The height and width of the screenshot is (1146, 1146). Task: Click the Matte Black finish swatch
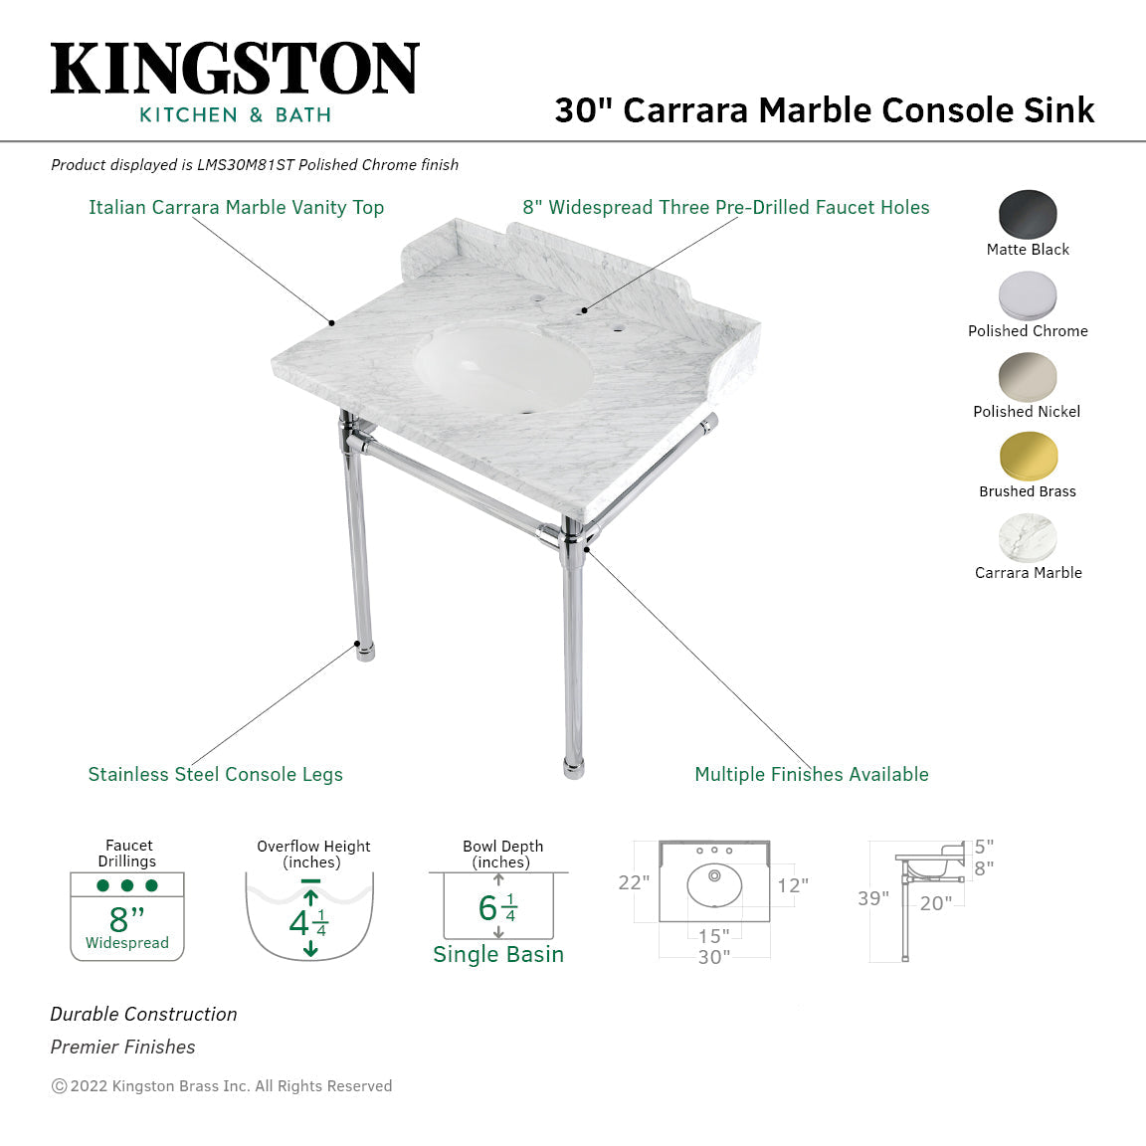1028,213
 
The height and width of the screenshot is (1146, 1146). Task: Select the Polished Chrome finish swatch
1028,295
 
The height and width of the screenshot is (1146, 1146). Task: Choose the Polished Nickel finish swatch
1028,376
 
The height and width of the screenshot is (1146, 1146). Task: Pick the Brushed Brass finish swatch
1028,457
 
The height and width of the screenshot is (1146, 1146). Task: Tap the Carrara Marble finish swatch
1028,537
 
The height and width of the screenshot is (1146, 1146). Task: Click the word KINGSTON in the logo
235,70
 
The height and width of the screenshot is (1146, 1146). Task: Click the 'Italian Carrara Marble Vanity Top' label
236,207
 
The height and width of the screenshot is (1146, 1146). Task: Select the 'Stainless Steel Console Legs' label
215,774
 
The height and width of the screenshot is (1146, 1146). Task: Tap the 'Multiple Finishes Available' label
811,774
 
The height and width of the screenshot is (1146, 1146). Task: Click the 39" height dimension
872,898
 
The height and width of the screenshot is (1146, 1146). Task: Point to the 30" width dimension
713,957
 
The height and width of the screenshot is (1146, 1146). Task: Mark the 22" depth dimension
634,882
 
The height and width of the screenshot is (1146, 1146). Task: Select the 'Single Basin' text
498,954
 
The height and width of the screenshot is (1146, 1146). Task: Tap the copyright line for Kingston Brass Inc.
222,1085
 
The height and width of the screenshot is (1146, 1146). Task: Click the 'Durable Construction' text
143,1014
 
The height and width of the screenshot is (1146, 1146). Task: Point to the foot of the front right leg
573,767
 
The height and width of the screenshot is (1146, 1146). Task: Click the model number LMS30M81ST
245,165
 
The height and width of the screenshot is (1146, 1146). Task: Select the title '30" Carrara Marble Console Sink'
824,109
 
